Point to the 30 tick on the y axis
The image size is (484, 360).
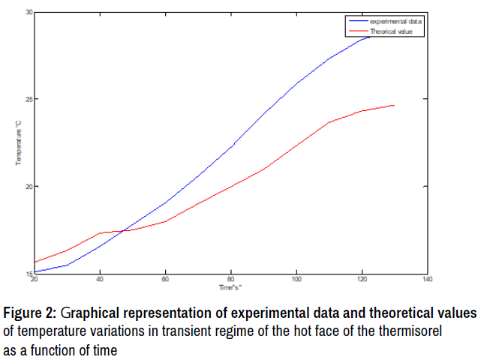29,13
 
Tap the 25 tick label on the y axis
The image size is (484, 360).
29,100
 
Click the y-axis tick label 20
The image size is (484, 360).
29,186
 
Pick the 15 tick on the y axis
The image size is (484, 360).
29,273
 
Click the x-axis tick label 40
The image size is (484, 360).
100,280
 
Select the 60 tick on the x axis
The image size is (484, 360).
165,280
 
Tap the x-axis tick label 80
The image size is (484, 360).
231,280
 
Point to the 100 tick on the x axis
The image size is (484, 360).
296,280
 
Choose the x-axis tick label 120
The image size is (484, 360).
362,280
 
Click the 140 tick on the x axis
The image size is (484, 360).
427,280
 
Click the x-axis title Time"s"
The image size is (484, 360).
230,287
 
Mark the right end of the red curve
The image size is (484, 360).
394,106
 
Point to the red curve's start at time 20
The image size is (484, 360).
35,262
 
